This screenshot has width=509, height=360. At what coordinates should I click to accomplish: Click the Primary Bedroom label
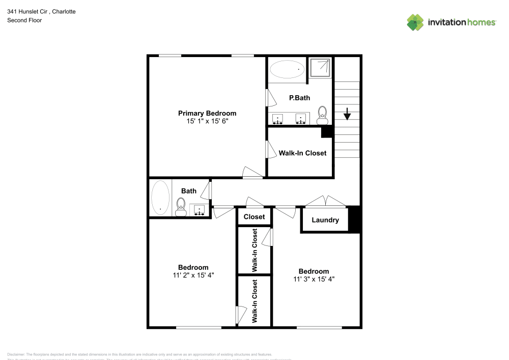coord(207,113)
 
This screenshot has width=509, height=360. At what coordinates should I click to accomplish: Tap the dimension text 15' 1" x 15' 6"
coord(207,122)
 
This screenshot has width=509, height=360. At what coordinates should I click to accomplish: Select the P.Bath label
coord(299,98)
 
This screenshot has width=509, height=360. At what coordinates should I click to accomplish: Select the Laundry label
coord(325,220)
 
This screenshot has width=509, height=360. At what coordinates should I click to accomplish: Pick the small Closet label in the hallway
coord(254,216)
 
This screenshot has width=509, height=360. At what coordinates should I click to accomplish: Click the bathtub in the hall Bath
coord(160,198)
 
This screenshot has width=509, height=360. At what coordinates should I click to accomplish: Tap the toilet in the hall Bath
coord(180,207)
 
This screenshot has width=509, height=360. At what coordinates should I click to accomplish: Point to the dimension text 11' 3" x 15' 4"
coord(314,279)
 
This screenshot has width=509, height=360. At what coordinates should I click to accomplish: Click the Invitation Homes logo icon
coord(415,22)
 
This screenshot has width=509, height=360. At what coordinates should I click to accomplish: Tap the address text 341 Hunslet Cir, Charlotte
coord(41,11)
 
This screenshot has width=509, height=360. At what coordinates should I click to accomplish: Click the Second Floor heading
coord(24,20)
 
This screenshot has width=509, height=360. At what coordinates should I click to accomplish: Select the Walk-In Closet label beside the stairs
coord(302,153)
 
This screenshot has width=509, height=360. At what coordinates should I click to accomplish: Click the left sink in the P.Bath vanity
coord(277,119)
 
